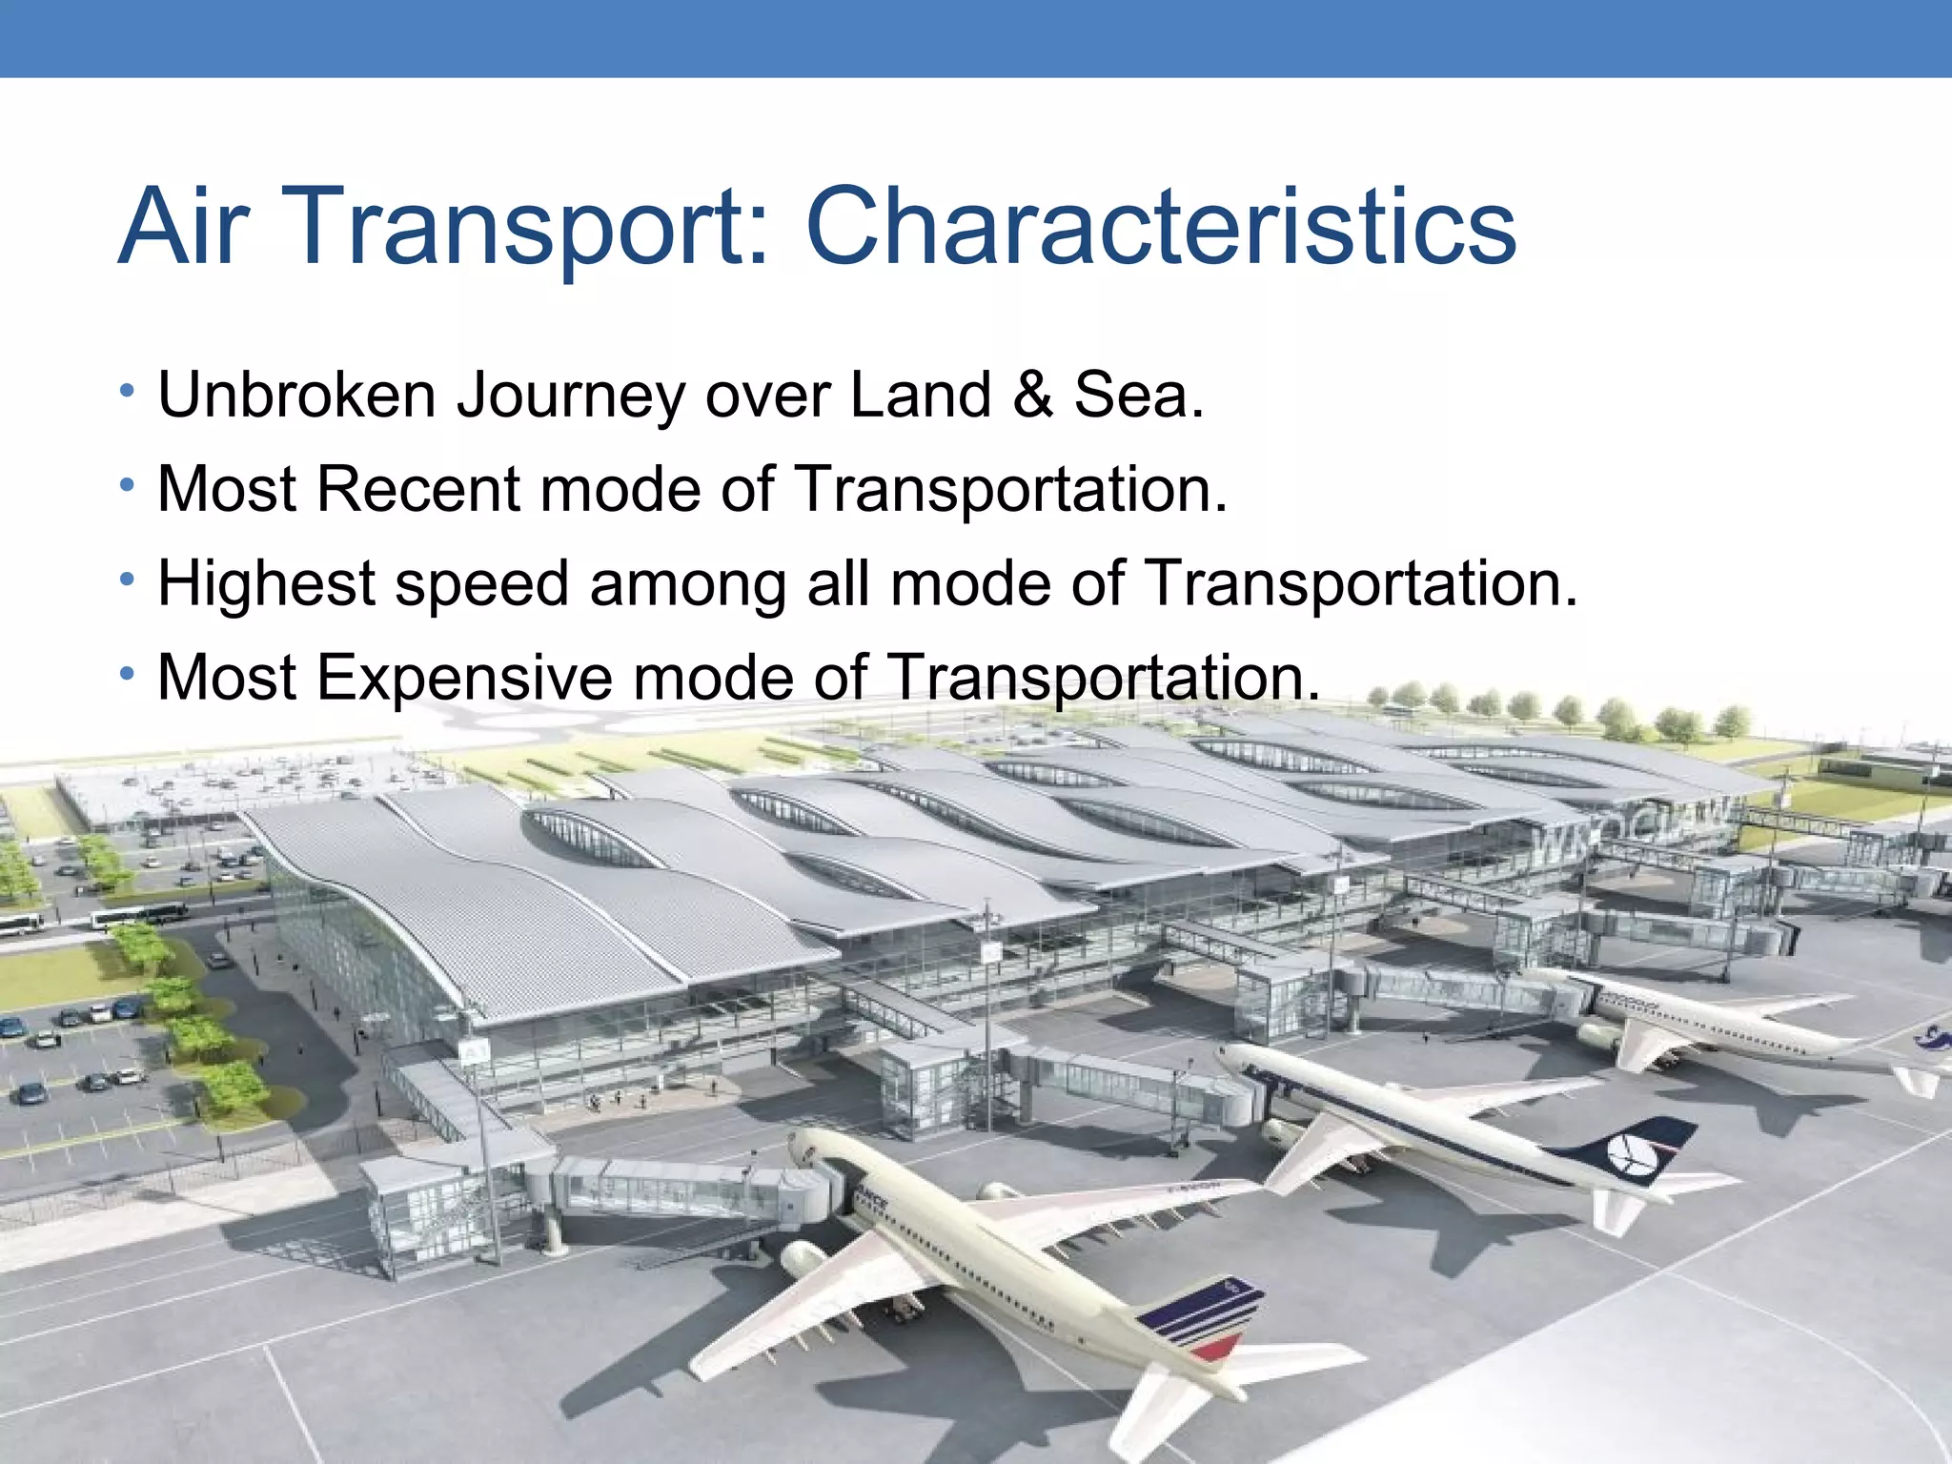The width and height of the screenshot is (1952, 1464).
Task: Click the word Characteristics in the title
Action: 1161,227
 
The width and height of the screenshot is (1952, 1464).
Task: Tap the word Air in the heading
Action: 184,227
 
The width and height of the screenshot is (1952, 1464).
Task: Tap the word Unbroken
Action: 296,395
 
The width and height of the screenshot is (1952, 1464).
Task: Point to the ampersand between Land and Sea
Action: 1033,395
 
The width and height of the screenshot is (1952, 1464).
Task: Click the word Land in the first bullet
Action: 920,395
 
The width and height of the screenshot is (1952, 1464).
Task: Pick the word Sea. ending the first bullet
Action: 1139,395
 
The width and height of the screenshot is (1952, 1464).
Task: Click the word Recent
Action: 418,489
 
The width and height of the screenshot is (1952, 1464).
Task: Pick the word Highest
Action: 267,584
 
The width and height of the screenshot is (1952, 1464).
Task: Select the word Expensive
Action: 464,678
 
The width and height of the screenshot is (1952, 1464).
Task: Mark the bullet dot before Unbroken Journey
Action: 127,391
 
